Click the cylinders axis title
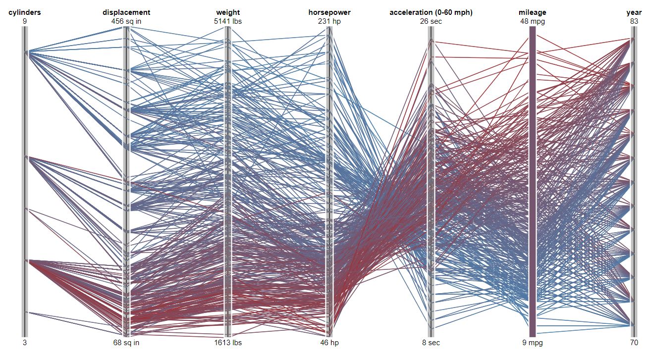[24, 12]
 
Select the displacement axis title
[126, 12]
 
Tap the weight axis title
[228, 12]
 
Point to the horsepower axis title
[329, 12]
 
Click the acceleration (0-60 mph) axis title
[431, 12]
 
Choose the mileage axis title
[533, 12]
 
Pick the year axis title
[634, 12]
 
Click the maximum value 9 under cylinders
[24, 21]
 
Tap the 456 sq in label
[126, 21]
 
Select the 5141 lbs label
[228, 21]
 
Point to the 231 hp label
[329, 21]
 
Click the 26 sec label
[431, 21]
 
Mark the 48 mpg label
[533, 21]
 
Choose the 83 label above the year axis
[634, 21]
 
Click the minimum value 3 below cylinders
[24, 343]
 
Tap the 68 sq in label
[126, 343]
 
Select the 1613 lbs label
[228, 343]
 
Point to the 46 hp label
[329, 343]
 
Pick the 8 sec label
[431, 343]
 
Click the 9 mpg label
[533, 343]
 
